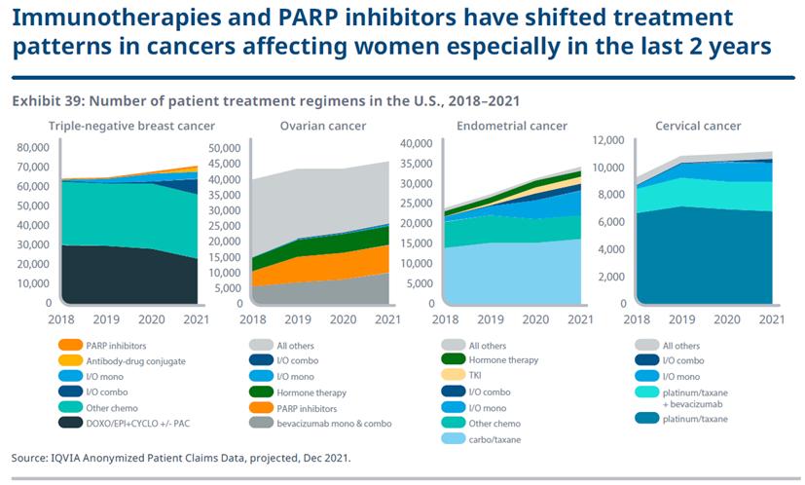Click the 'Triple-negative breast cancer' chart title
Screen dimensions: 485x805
pyautogui.click(x=131, y=126)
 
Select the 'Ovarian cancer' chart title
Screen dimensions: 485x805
pyautogui.click(x=322, y=126)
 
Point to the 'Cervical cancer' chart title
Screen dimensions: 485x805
pyautogui.click(x=698, y=126)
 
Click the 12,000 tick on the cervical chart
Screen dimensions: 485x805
pyautogui.click(x=608, y=140)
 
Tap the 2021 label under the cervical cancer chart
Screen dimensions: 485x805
pyautogui.click(x=771, y=318)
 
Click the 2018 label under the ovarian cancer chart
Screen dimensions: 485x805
pyautogui.click(x=253, y=318)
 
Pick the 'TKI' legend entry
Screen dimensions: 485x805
pyautogui.click(x=478, y=376)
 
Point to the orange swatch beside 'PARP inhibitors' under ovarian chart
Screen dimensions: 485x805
pyautogui.click(x=261, y=407)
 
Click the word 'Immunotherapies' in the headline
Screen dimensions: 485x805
pyautogui.click(x=104, y=19)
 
